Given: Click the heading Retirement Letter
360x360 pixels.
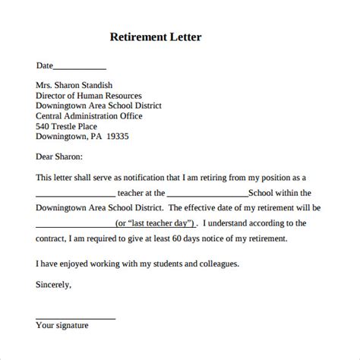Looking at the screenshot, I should coord(156,36).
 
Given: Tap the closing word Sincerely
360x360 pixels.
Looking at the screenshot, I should coord(54,285).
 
